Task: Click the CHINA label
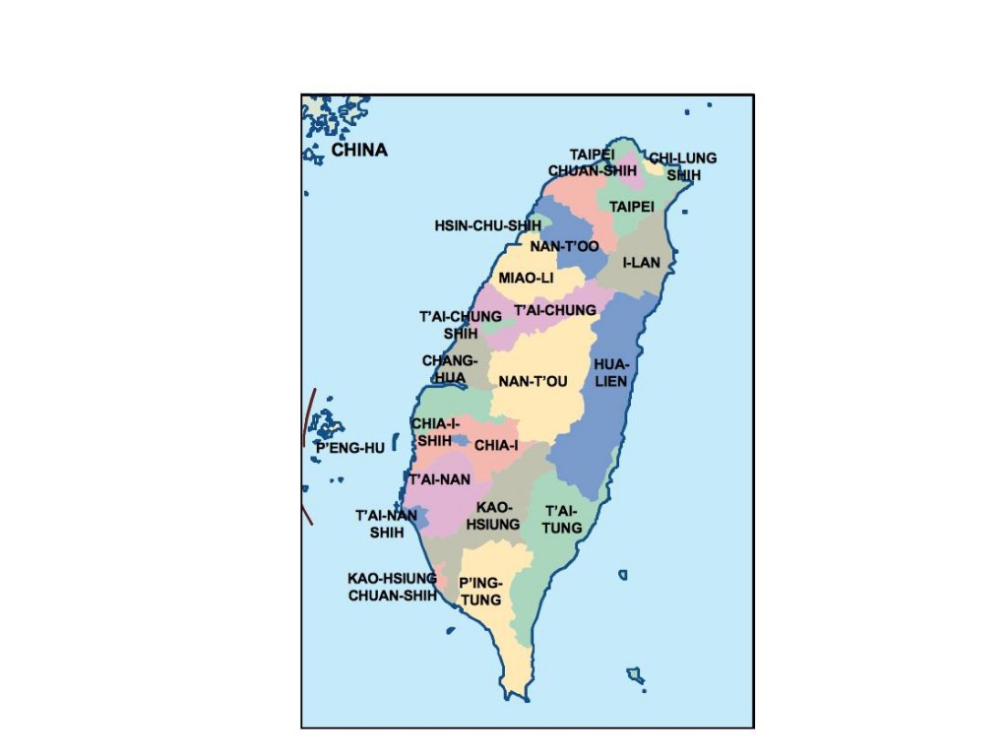tap(359, 151)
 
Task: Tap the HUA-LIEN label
tap(610, 373)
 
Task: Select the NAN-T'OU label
tap(533, 382)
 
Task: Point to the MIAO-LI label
tap(526, 279)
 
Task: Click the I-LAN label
tap(642, 263)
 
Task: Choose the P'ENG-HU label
tap(349, 448)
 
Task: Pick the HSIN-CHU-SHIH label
tap(487, 225)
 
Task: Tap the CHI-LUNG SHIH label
tap(683, 166)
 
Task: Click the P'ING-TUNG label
tap(480, 592)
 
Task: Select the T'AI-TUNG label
tap(563, 519)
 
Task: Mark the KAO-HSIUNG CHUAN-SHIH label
tap(392, 587)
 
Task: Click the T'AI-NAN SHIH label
tap(386, 524)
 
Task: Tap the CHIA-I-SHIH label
tap(434, 433)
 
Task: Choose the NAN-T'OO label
tap(565, 246)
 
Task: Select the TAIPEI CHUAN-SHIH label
tap(593, 162)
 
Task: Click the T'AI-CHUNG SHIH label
tap(461, 325)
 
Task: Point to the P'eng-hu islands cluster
tap(324, 425)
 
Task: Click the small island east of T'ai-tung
tap(623, 575)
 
